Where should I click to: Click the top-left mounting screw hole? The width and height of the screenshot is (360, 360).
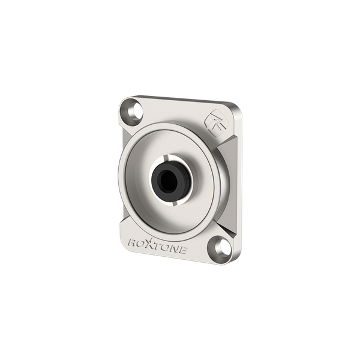pos(137,112)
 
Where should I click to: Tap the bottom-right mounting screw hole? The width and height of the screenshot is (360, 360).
pos(223,246)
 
